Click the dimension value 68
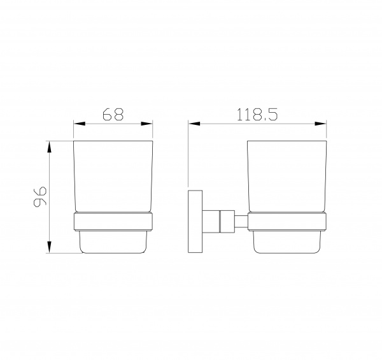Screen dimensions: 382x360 pyautogui.click(x=113, y=114)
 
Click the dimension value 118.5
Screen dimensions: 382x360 pyautogui.click(x=257, y=115)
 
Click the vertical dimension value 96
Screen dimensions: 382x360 pyautogui.click(x=39, y=197)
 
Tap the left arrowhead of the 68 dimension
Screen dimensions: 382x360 pyautogui.click(x=80, y=124)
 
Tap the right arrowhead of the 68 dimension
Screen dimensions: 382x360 pyautogui.click(x=146, y=124)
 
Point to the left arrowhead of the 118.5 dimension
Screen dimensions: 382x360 pyautogui.click(x=194, y=124)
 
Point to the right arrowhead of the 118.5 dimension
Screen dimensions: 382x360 pyautogui.click(x=320, y=124)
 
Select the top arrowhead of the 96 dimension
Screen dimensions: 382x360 pyautogui.click(x=50, y=147)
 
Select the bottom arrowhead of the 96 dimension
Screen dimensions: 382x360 pyautogui.click(x=50, y=247)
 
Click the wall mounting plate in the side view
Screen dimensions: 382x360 pyautogui.click(x=195, y=221)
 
